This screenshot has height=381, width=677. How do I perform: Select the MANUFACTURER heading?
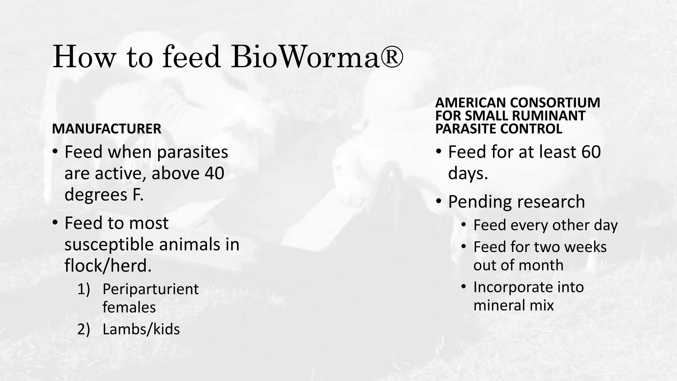(x=106, y=129)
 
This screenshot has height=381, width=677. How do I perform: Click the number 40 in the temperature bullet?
(x=214, y=173)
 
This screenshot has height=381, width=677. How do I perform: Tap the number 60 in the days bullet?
(x=590, y=152)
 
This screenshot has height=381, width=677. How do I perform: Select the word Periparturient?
(x=150, y=289)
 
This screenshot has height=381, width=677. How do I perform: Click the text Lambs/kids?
(x=141, y=329)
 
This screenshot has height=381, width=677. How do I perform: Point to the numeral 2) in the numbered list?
(x=84, y=329)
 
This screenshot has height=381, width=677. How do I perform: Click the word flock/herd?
(x=108, y=266)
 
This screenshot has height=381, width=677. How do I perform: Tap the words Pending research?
(x=516, y=201)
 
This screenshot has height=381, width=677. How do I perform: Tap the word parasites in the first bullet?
(x=192, y=152)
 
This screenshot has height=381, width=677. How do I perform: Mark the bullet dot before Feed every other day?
(x=464, y=225)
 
